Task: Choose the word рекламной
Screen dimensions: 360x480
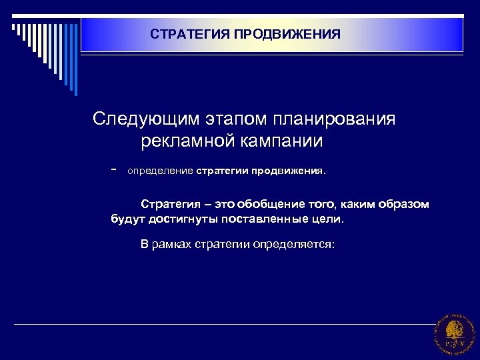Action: [x=189, y=141]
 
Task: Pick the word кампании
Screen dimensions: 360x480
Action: [x=283, y=141]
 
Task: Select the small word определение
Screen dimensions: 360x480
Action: [x=160, y=171]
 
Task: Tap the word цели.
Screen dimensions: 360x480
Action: [x=330, y=218]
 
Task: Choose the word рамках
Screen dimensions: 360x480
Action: [x=171, y=244]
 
